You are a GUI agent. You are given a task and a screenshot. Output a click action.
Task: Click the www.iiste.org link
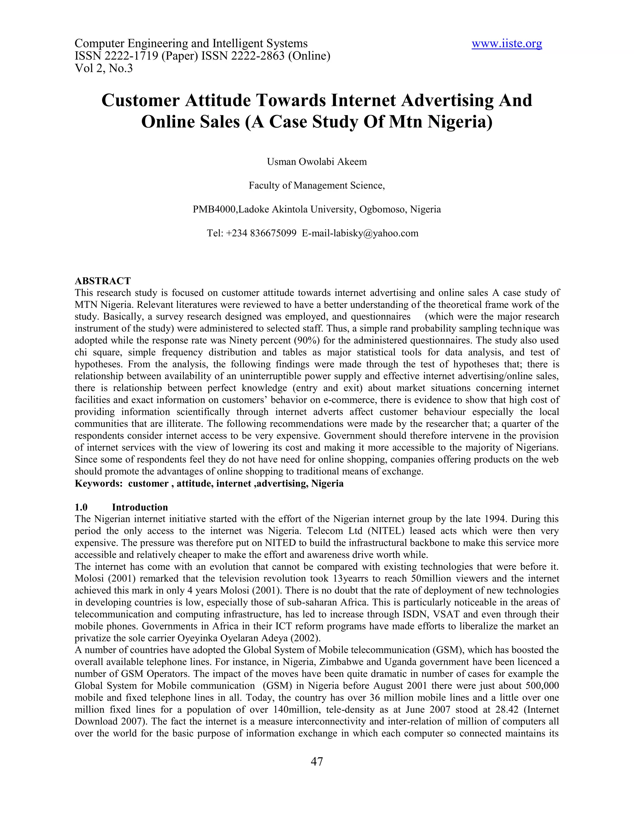tap(507, 44)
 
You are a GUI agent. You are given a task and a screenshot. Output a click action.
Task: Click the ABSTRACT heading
tap(102, 281)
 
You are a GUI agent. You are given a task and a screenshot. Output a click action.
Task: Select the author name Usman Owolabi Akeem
tap(317, 162)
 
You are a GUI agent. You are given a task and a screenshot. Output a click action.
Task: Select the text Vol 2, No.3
tap(104, 68)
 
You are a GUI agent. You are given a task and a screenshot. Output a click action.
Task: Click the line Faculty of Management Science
tap(317, 185)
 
